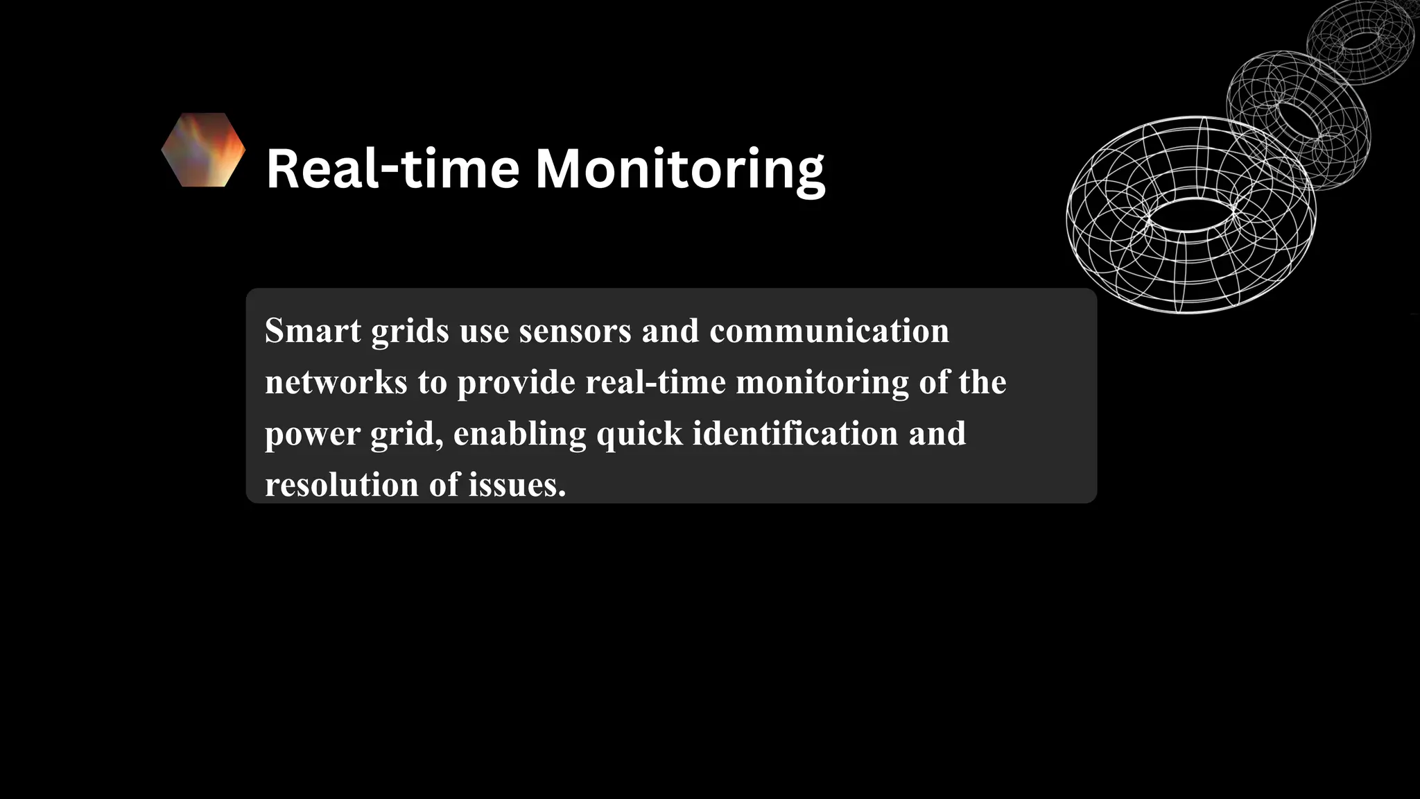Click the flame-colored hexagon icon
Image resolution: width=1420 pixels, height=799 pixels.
[x=203, y=150]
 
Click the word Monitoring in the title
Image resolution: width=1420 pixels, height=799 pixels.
[x=680, y=169]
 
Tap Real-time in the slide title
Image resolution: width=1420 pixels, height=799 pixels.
[x=392, y=169]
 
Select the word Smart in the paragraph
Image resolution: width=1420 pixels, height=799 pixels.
[x=313, y=331]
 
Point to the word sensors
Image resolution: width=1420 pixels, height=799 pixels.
[x=575, y=331]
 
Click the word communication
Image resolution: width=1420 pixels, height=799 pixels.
[x=829, y=331]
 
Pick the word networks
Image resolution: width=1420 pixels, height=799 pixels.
[x=336, y=382]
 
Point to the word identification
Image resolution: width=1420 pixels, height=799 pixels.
[x=795, y=433]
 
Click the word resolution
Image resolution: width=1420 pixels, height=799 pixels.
[x=342, y=485]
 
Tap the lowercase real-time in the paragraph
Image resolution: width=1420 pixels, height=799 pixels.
[x=655, y=382]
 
